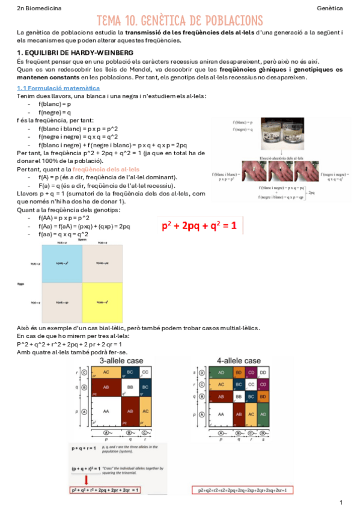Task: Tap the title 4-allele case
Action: (x=239, y=360)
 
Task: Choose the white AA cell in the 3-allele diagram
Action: (x=107, y=414)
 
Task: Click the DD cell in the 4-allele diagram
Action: (x=264, y=372)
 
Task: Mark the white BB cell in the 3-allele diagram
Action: (x=130, y=389)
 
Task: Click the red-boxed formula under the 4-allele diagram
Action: (x=240, y=490)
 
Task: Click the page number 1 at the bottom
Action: (x=341, y=502)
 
